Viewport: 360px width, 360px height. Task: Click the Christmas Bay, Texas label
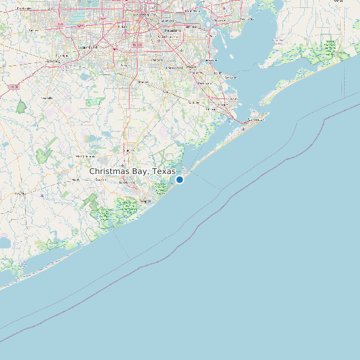tap(132, 171)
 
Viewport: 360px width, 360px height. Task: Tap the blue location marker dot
tap(179, 179)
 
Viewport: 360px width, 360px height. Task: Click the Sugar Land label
tap(88, 48)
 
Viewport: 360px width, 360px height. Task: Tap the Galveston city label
tap(256, 120)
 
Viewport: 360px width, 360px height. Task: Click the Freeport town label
tap(145, 200)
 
